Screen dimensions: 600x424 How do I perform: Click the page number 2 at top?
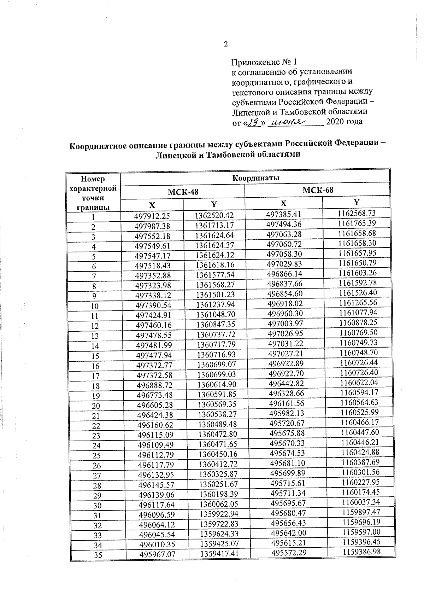click(x=226, y=45)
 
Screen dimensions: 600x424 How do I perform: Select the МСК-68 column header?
click(x=318, y=190)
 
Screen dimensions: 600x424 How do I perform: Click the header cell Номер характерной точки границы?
click(x=93, y=193)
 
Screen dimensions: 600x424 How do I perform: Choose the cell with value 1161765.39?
click(x=357, y=223)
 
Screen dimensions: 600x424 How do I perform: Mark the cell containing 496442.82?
click(x=286, y=384)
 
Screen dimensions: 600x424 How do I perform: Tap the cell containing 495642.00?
click(x=288, y=533)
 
